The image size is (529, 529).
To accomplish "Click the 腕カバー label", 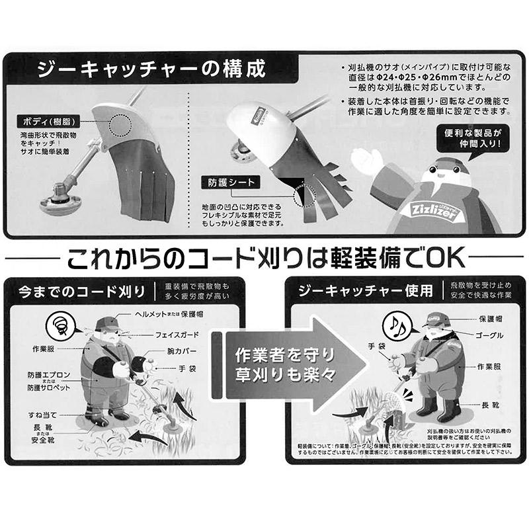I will coord(179,351).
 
